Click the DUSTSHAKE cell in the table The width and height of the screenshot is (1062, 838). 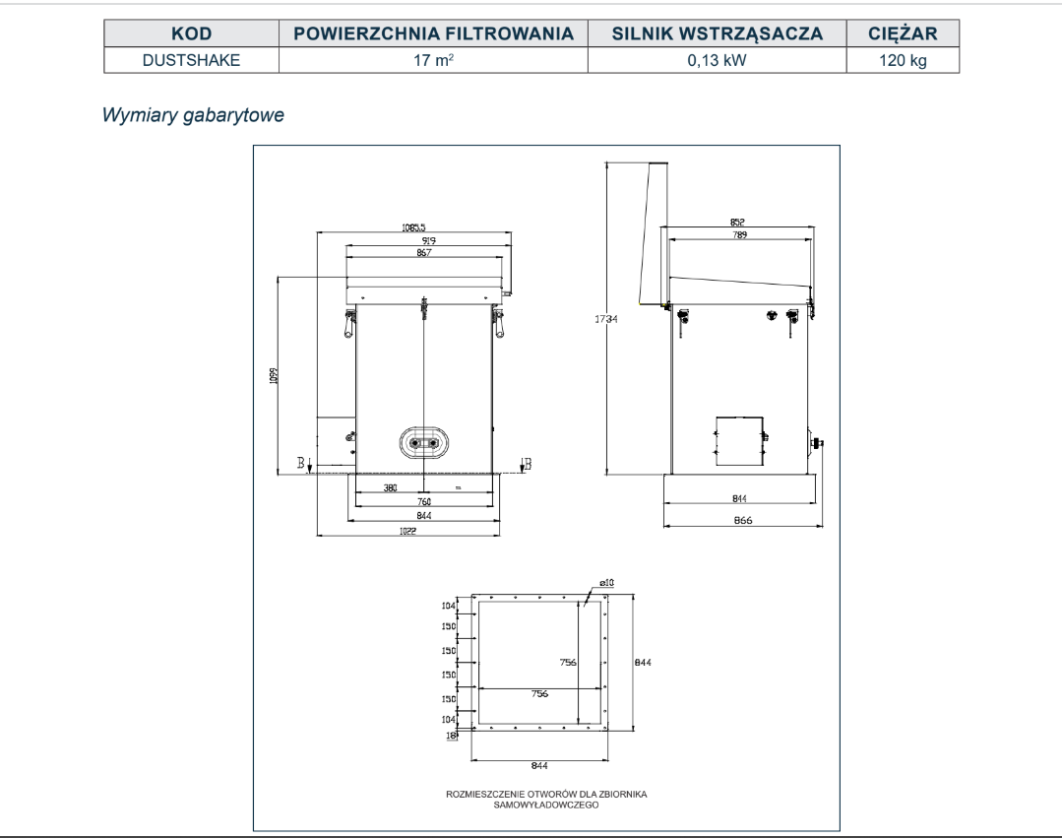[x=191, y=60]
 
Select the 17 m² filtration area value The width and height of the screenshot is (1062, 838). [x=432, y=60]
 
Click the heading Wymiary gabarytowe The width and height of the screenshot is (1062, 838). [x=195, y=115]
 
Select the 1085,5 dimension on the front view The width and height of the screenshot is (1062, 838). [x=413, y=227]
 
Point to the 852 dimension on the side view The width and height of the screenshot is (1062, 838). [x=737, y=223]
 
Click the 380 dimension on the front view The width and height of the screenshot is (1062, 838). [x=390, y=488]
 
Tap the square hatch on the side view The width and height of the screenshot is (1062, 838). [x=738, y=440]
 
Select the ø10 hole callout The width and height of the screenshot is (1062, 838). [x=606, y=585]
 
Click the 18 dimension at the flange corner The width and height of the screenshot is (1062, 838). [x=454, y=735]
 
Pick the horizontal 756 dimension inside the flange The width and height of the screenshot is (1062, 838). [x=538, y=694]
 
